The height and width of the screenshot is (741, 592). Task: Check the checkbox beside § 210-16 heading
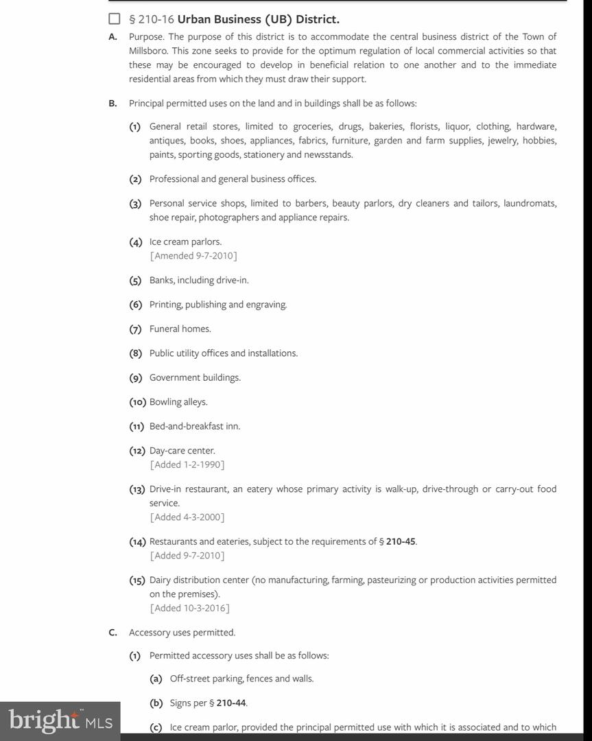(x=115, y=19)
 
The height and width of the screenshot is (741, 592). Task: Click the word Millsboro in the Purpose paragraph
(x=147, y=51)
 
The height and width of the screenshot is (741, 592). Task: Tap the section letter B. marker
(x=113, y=104)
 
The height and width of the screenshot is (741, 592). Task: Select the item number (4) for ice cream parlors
(x=135, y=242)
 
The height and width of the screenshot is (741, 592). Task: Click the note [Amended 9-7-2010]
(x=193, y=256)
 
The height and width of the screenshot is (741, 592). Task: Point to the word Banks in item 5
(x=162, y=280)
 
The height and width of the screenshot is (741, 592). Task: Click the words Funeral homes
(x=180, y=329)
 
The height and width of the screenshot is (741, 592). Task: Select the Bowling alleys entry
(x=178, y=402)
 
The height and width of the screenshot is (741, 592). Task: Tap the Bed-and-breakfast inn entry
(x=195, y=426)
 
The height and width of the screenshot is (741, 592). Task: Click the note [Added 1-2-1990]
(x=187, y=464)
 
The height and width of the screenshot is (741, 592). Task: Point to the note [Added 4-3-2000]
(x=187, y=517)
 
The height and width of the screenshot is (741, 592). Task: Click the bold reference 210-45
(x=401, y=541)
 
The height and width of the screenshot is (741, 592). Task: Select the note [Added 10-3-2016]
(x=189, y=608)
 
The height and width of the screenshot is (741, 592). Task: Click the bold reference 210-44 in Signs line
(x=231, y=703)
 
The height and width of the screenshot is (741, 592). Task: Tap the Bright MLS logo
(x=60, y=720)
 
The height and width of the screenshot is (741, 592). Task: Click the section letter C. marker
(x=113, y=633)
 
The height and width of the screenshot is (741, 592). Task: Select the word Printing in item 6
(x=165, y=305)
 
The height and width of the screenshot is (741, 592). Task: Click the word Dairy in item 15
(x=160, y=580)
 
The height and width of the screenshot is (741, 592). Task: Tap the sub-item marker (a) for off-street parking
(x=156, y=679)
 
